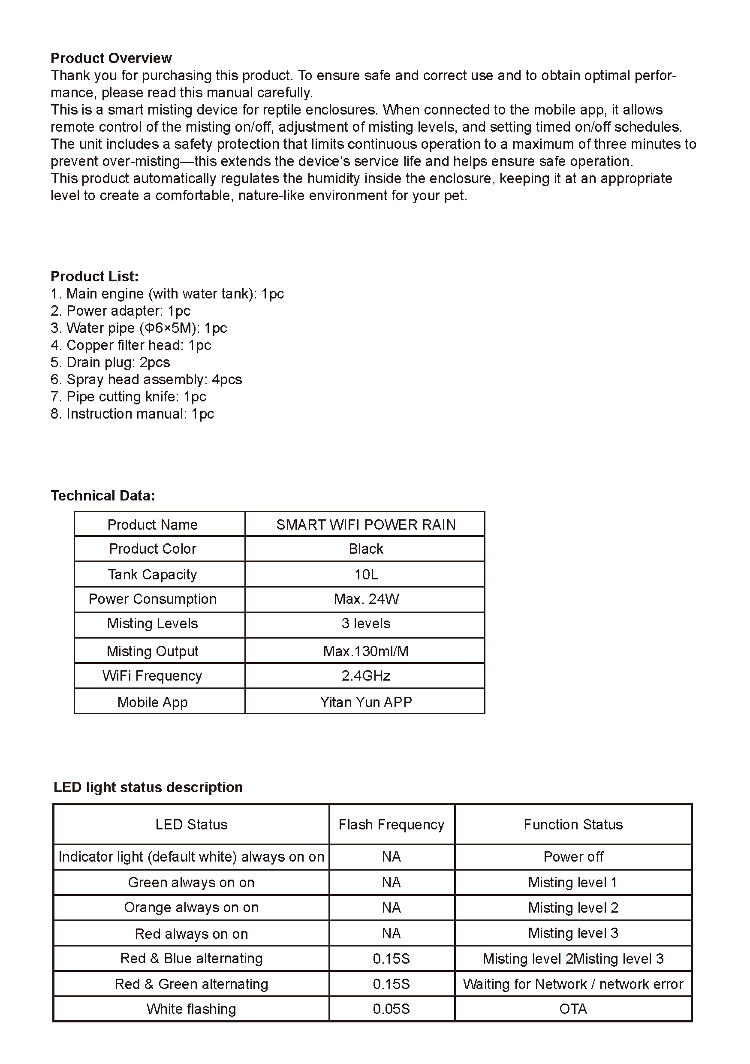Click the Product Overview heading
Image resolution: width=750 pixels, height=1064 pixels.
click(x=111, y=58)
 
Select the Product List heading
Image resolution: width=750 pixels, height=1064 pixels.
click(x=94, y=276)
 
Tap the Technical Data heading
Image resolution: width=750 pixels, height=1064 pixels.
click(x=102, y=495)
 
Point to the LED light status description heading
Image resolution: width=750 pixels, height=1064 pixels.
click(x=148, y=787)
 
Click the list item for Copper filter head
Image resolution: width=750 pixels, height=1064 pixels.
click(x=131, y=345)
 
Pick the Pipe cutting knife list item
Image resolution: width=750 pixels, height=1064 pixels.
click(x=128, y=396)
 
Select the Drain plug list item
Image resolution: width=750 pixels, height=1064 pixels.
click(x=110, y=362)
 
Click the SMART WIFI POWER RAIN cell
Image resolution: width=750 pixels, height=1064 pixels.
click(x=365, y=524)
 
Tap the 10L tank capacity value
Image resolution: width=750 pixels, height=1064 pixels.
click(x=365, y=574)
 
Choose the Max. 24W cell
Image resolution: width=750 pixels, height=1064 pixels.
click(x=365, y=599)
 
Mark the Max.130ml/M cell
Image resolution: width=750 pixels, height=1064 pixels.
click(x=365, y=651)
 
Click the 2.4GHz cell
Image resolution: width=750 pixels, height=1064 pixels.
click(x=365, y=675)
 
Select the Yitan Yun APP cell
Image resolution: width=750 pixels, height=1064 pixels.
click(x=365, y=702)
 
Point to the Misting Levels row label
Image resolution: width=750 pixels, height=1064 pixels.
click(x=152, y=623)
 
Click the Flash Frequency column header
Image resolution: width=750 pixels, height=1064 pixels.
click(x=392, y=824)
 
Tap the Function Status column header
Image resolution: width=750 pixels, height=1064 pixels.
click(x=573, y=824)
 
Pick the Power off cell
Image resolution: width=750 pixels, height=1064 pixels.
click(x=573, y=856)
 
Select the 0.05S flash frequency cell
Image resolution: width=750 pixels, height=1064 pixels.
click(x=392, y=1009)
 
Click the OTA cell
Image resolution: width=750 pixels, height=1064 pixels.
click(x=573, y=1009)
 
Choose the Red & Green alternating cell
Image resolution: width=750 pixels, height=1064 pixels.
click(x=191, y=984)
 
